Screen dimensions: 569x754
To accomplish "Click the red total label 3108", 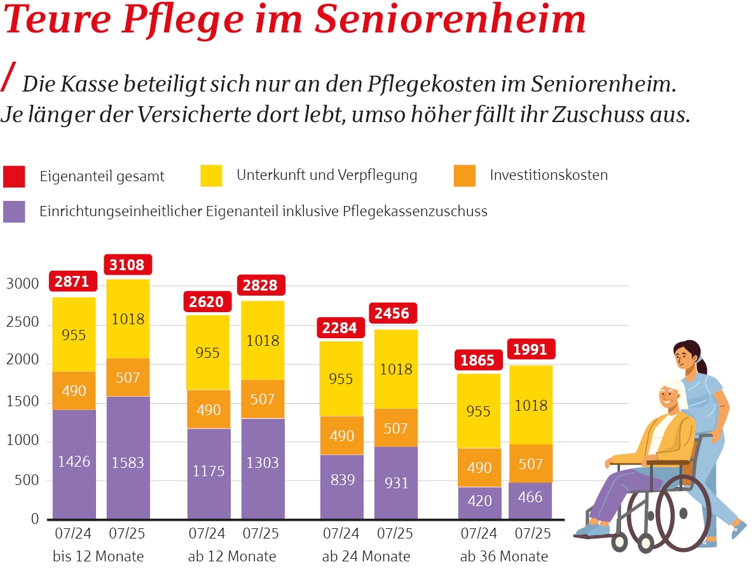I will pyautogui.click(x=127, y=264).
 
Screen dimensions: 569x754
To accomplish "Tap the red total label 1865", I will pyautogui.click(x=477, y=360).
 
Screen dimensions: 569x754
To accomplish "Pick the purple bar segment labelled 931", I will pyautogui.click(x=395, y=483).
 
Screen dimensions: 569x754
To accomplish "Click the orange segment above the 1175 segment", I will pyautogui.click(x=209, y=409).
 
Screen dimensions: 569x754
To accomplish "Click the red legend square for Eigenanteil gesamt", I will pyautogui.click(x=14, y=176).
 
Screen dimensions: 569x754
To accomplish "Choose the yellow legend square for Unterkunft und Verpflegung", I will pyautogui.click(x=211, y=175).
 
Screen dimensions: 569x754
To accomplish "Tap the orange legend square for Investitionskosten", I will pyautogui.click(x=465, y=175).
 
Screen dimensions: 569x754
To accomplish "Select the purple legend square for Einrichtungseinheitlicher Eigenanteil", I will pyautogui.click(x=14, y=212).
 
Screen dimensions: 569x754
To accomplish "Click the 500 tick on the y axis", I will pyautogui.click(x=26, y=480).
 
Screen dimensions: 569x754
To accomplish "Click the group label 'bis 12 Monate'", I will pyautogui.click(x=99, y=556).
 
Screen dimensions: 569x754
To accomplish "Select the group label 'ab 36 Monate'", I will pyautogui.click(x=504, y=556).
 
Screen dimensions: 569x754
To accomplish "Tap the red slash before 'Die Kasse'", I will pyautogui.click(x=9, y=78).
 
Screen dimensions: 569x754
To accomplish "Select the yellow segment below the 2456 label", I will pyautogui.click(x=395, y=369).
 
